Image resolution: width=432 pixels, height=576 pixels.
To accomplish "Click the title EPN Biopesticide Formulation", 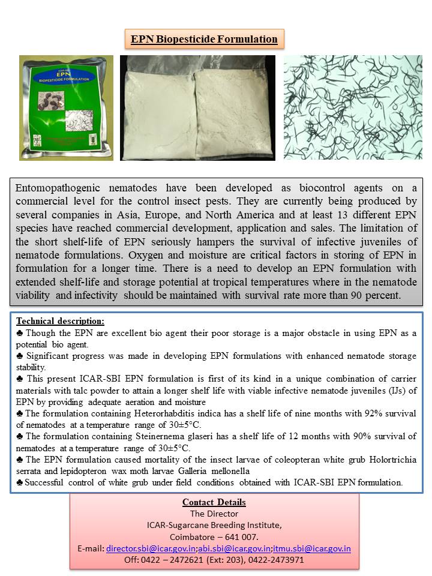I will [x=204, y=40].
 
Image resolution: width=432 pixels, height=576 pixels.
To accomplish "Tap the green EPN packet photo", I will [x=66, y=108].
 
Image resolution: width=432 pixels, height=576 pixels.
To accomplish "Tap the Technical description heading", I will [x=60, y=321].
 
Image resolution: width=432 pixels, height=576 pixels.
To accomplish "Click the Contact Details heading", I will [x=214, y=502].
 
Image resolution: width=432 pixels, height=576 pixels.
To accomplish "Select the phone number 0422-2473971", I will [x=277, y=560].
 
